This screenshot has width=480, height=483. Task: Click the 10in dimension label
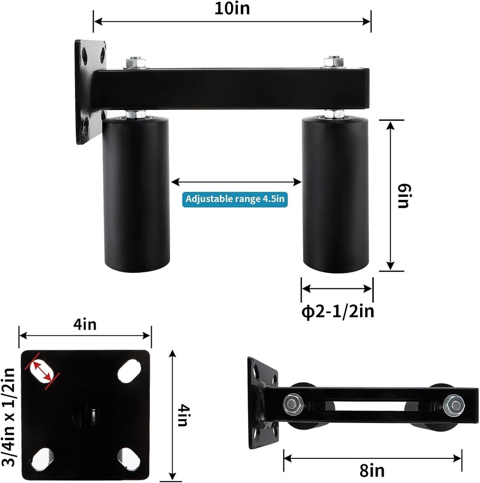[x=232, y=8]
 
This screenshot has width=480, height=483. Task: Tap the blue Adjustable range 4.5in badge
[x=235, y=199]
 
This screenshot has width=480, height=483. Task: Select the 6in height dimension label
[x=402, y=196]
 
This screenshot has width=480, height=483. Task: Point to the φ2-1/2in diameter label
[x=337, y=312]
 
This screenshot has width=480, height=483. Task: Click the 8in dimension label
[x=372, y=469]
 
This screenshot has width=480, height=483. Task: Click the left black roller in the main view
[x=137, y=193]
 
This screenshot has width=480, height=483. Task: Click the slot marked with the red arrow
[x=43, y=371]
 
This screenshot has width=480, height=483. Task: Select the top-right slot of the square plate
[x=128, y=371]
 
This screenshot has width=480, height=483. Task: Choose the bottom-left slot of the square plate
[x=43, y=456]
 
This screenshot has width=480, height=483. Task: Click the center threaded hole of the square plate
[x=86, y=414]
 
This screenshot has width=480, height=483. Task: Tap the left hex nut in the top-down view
[x=292, y=402]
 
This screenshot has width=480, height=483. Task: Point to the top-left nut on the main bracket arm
[x=134, y=63]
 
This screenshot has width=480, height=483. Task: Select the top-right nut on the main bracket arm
[x=334, y=62]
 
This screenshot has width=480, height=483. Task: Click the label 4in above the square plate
[x=85, y=325]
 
